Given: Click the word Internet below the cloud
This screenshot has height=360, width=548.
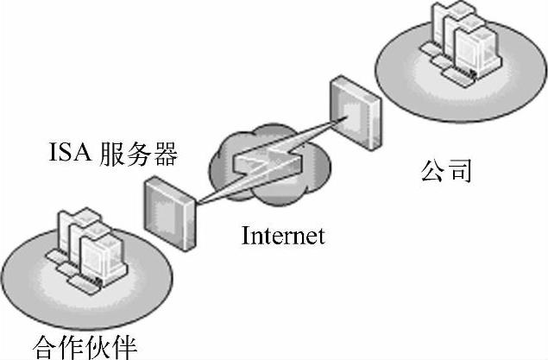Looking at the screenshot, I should (x=283, y=235).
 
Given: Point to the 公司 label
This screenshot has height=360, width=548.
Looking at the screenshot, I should (x=446, y=169).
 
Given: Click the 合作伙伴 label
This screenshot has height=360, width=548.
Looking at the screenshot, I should (x=85, y=347).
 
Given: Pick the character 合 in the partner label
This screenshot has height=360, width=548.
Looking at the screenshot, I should (x=46, y=347).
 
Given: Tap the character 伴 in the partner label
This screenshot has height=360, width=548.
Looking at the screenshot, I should (x=124, y=347).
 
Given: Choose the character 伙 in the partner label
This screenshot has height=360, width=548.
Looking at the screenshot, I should (x=98, y=347).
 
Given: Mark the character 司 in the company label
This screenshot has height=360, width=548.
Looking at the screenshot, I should (x=460, y=169).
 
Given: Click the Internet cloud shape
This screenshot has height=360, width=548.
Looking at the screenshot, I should (x=259, y=168).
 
